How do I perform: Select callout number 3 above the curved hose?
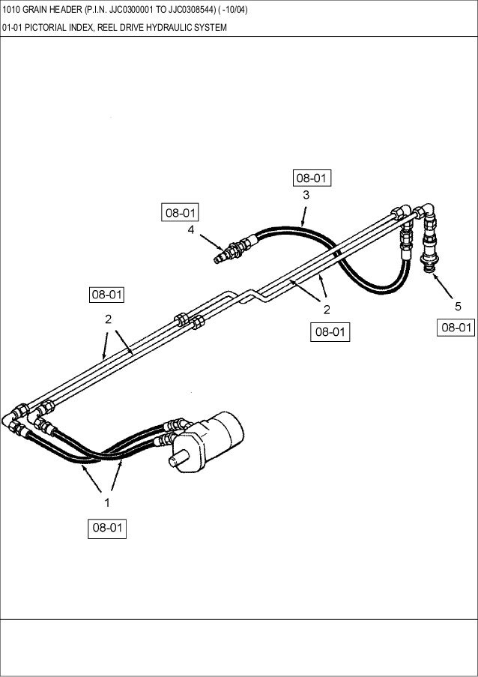[306, 195]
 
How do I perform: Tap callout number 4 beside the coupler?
[191, 230]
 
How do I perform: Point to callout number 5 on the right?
[458, 307]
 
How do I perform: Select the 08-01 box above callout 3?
[312, 178]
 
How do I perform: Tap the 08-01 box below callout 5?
[456, 328]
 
